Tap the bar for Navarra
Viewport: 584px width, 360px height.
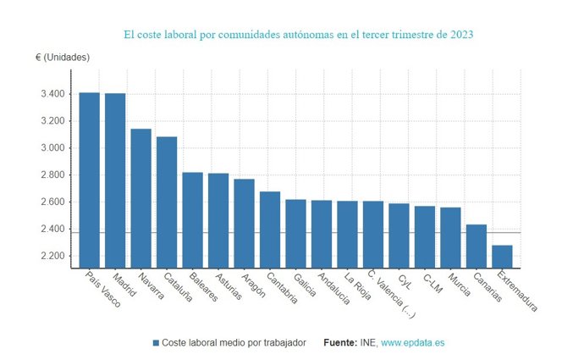tap(140, 198)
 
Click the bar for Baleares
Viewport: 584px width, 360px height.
tap(192, 219)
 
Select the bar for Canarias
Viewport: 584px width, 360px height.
tap(477, 246)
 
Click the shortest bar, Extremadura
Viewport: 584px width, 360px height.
tap(502, 257)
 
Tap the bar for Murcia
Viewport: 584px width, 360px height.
tap(450, 237)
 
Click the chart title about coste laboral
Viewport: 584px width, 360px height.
tap(299, 35)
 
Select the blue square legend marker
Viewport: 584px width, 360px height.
tap(156, 343)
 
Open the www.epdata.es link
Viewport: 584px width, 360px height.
tap(412, 343)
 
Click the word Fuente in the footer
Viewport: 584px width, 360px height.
tap(341, 343)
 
